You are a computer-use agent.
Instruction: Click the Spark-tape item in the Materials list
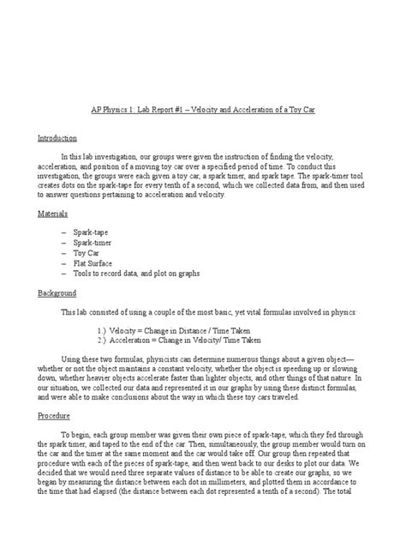pyautogui.click(x=92, y=232)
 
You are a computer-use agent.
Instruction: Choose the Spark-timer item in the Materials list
pyautogui.click(x=93, y=243)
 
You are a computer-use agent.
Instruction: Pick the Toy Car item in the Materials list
pyautogui.click(x=87, y=253)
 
